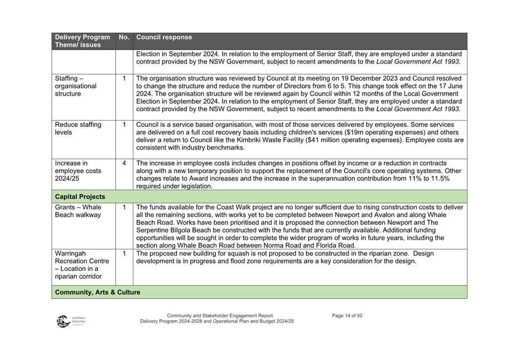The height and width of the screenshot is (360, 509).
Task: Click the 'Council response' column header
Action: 164,37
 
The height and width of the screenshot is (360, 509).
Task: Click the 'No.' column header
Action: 124,37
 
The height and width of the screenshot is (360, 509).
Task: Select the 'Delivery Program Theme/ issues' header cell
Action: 82,41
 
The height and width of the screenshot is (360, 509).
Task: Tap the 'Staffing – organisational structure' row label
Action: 76,86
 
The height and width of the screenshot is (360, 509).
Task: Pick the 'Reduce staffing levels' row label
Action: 78,129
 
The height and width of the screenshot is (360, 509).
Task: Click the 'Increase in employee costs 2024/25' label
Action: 78,171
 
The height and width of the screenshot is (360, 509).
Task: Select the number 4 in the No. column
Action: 124,164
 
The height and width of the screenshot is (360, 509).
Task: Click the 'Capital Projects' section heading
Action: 80,196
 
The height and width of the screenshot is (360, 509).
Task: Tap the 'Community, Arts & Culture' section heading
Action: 97,292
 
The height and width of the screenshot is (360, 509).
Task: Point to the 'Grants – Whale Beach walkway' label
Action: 78,211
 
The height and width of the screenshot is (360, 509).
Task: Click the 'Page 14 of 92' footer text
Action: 347,315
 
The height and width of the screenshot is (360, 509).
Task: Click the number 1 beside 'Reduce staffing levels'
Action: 124,125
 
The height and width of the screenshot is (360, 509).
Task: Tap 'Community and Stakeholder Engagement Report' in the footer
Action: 220,315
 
